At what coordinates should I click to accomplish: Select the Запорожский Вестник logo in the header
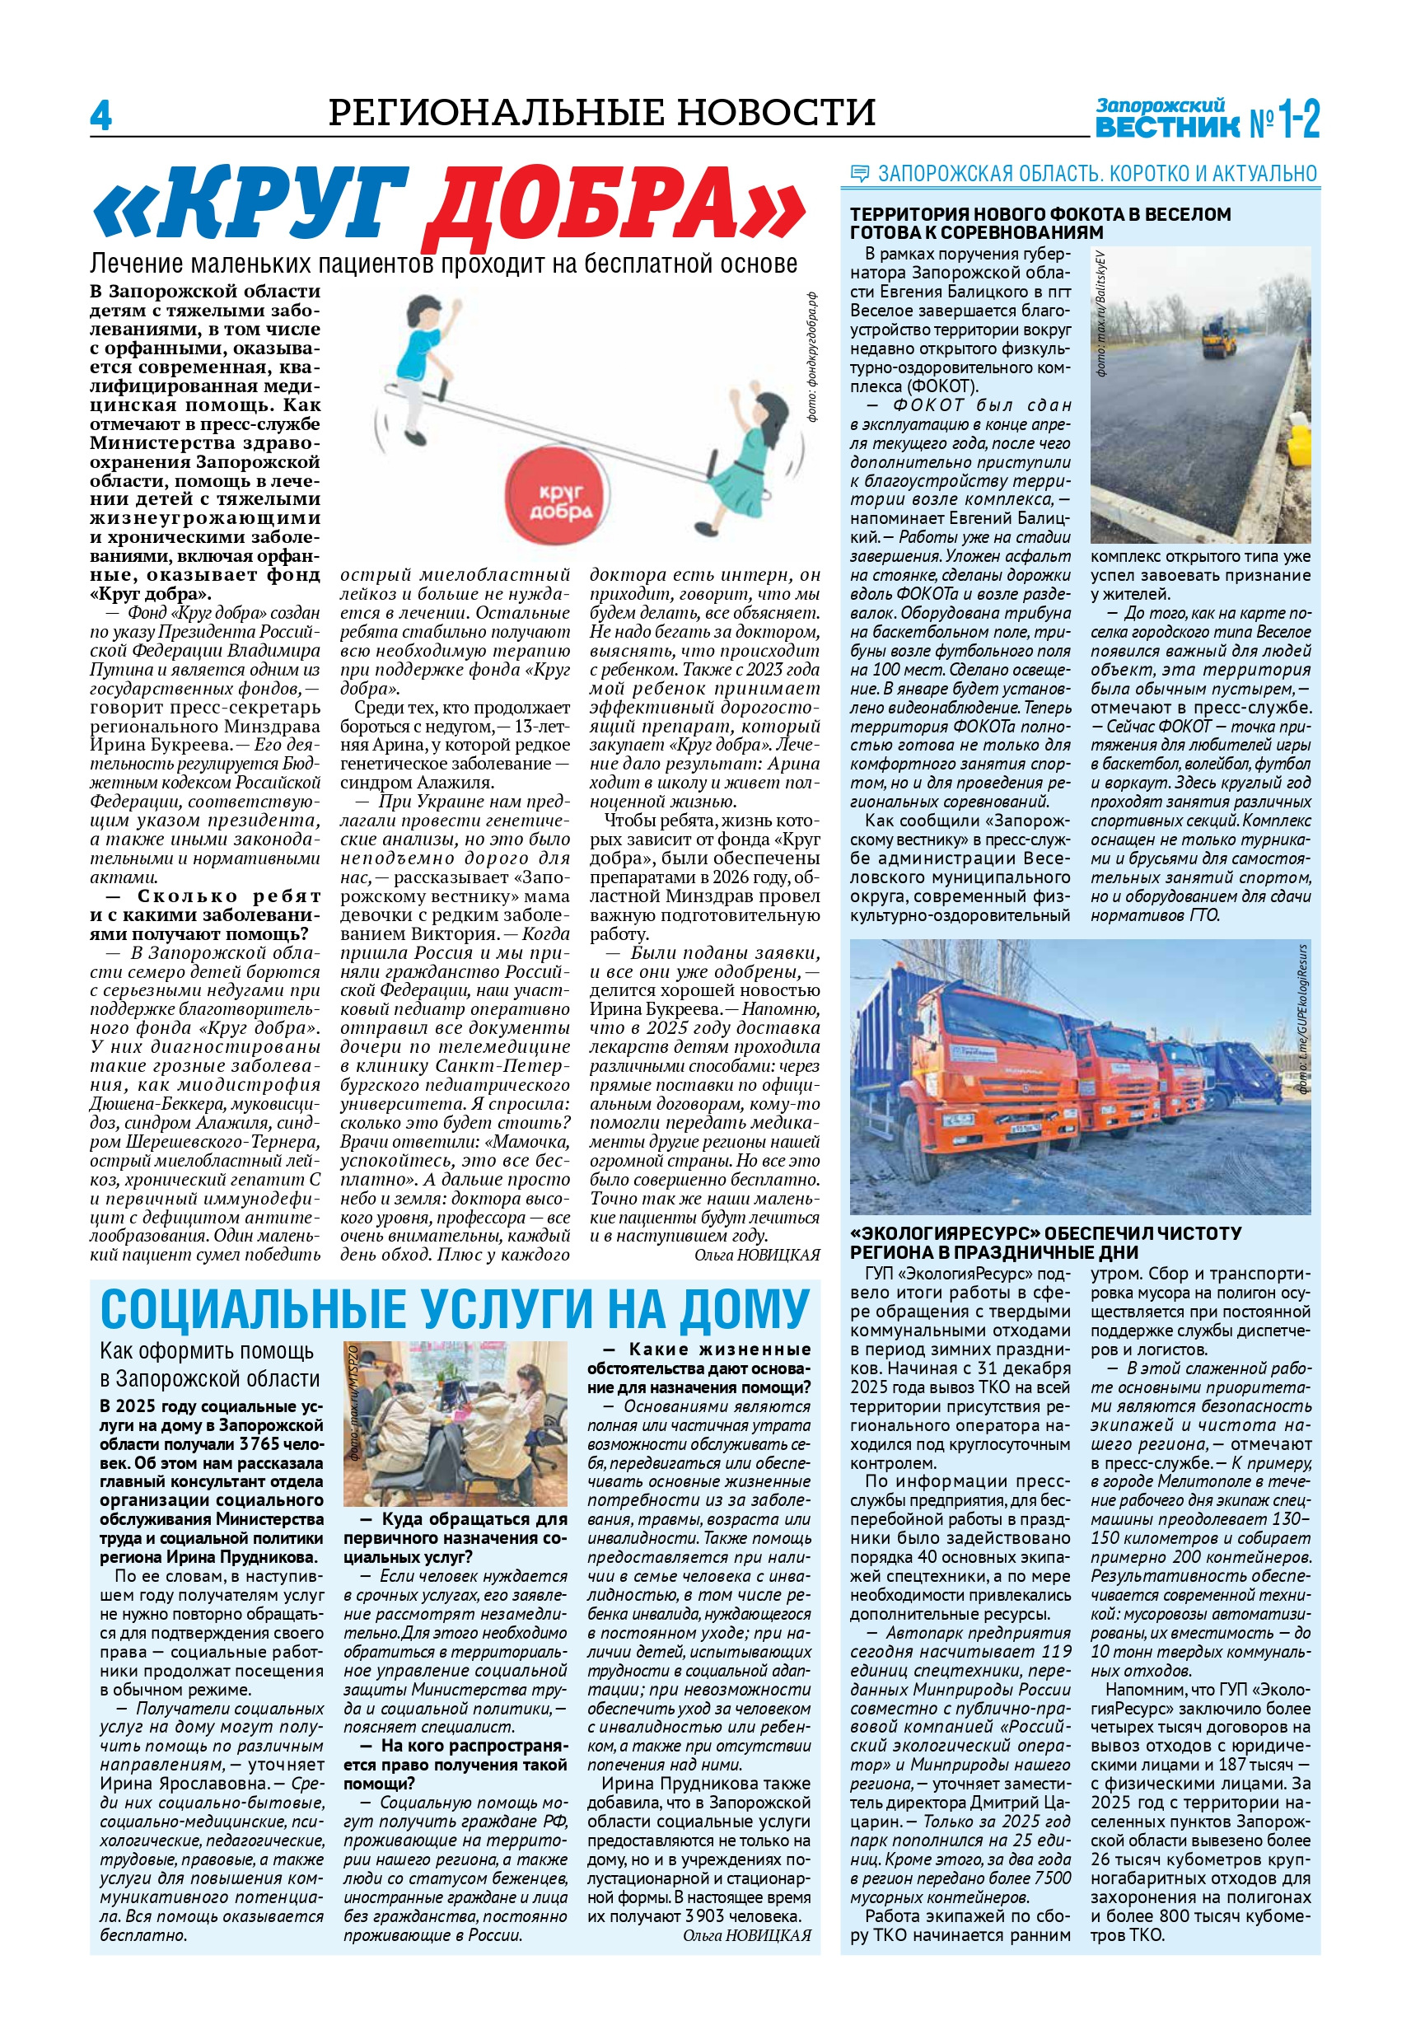click(x=1206, y=118)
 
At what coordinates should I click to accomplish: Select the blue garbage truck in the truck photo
click(x=1241, y=1071)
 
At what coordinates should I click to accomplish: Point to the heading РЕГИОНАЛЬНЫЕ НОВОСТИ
click(x=601, y=113)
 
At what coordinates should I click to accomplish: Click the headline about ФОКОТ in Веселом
click(x=1040, y=222)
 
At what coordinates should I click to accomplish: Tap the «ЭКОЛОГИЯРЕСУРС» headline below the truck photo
click(x=1045, y=1242)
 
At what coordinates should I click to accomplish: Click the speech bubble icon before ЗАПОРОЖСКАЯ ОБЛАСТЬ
click(x=858, y=173)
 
